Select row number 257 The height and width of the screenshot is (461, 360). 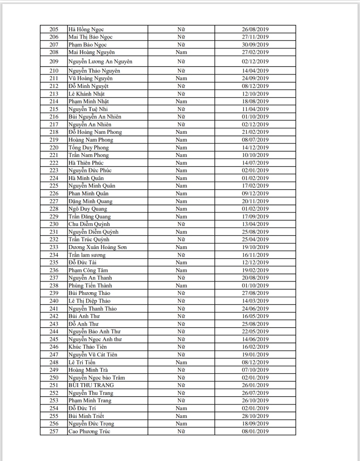pyautogui.click(x=54, y=431)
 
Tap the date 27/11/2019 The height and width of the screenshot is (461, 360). pyautogui.click(x=255, y=37)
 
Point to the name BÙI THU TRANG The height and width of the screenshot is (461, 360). pyautogui.click(x=91, y=385)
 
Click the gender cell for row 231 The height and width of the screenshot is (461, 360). pyautogui.click(x=181, y=232)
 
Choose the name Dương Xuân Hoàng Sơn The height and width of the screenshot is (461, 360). pyautogui.click(x=97, y=247)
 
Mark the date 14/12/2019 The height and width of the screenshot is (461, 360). pyautogui.click(x=255, y=148)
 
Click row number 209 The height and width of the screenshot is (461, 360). pyautogui.click(x=54, y=61)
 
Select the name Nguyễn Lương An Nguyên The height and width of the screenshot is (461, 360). pyautogui.click(x=100, y=61)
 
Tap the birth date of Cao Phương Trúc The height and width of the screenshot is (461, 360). pyautogui.click(x=255, y=431)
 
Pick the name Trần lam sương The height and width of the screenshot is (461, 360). pyautogui.click(x=87, y=255)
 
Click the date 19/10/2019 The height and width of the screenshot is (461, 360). pyautogui.click(x=255, y=247)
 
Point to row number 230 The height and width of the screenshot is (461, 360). pyautogui.click(x=54, y=224)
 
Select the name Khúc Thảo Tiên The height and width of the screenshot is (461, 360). pyautogui.click(x=88, y=347)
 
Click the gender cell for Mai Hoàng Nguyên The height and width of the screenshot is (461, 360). pyautogui.click(x=181, y=52)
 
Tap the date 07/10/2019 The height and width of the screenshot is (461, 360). pyautogui.click(x=255, y=370)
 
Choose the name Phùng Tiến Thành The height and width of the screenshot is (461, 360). pyautogui.click(x=90, y=286)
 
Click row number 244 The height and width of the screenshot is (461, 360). pyautogui.click(x=54, y=331)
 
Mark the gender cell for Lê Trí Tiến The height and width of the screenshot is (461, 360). pyautogui.click(x=181, y=362)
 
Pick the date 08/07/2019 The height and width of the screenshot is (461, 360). pyautogui.click(x=255, y=140)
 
